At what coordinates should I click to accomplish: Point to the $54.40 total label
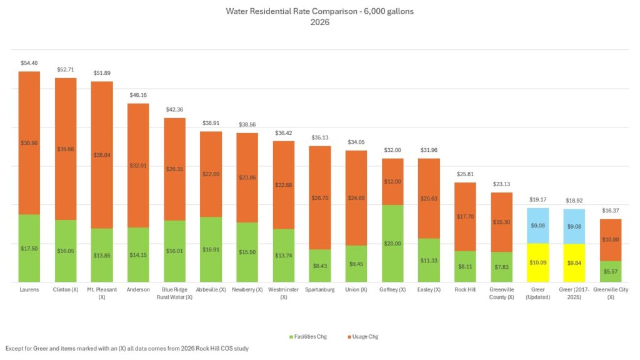point(29,63)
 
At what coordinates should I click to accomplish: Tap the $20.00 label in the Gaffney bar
point(392,244)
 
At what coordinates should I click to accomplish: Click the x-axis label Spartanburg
point(320,289)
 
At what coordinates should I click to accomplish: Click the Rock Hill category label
point(465,289)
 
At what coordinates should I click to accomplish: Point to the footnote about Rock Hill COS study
point(127,348)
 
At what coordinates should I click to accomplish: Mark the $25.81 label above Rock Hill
point(465,174)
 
